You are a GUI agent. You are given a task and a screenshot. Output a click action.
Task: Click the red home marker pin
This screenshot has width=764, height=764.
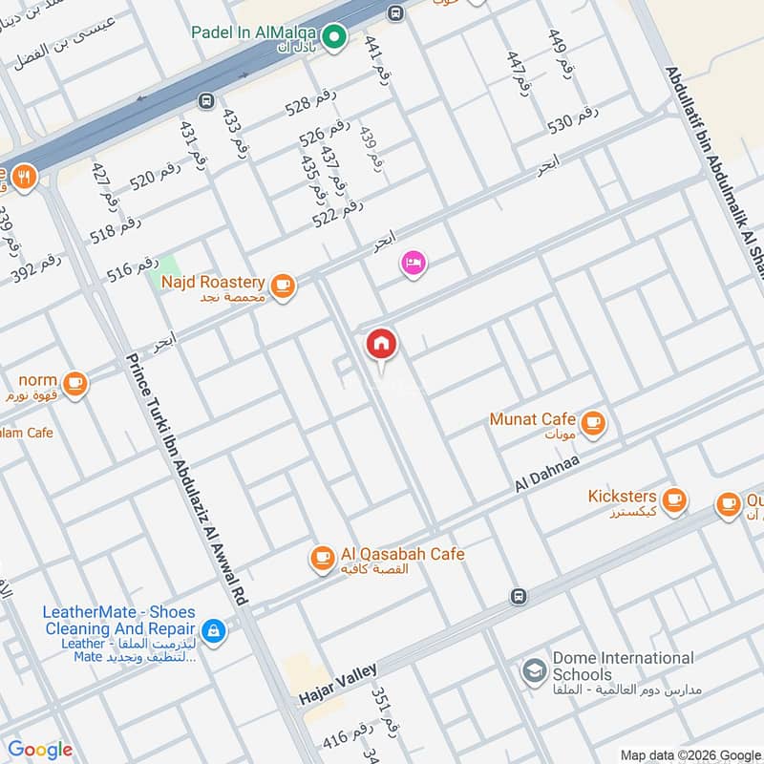pyautogui.click(x=381, y=345)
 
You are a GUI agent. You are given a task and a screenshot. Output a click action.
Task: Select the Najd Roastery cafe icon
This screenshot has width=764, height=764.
pyautogui.click(x=282, y=285)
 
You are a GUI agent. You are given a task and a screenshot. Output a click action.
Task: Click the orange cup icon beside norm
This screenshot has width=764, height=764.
pyautogui.click(x=76, y=384)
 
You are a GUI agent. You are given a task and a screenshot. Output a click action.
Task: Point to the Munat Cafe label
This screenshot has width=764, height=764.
pyautogui.click(x=532, y=419)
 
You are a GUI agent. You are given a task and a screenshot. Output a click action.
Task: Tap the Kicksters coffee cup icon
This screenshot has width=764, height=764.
pyautogui.click(x=674, y=499)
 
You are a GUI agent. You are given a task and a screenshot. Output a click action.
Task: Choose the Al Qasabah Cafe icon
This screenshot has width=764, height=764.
pyautogui.click(x=323, y=556)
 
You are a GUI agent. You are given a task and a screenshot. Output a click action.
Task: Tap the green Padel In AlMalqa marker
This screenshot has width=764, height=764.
pyautogui.click(x=333, y=37)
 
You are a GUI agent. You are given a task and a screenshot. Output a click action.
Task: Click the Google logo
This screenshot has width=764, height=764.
pyautogui.click(x=40, y=750)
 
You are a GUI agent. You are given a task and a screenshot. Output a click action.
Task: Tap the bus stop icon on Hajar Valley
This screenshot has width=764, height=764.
pyautogui.click(x=519, y=597)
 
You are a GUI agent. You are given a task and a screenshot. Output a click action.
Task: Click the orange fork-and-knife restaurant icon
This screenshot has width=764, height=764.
pyautogui.click(x=23, y=176)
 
